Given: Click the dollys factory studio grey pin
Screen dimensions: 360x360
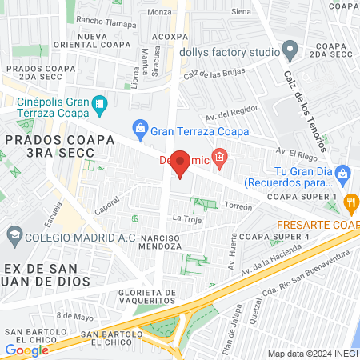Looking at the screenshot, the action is click(x=290, y=52).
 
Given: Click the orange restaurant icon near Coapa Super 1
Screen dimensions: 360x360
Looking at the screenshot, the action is click(x=350, y=202).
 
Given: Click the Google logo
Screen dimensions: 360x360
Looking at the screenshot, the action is click(x=26, y=350).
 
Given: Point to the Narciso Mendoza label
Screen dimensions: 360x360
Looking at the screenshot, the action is click(x=145, y=244).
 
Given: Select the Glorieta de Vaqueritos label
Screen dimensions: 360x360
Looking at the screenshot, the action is click(x=145, y=296).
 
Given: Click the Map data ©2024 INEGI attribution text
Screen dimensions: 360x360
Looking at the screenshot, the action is click(x=312, y=354).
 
